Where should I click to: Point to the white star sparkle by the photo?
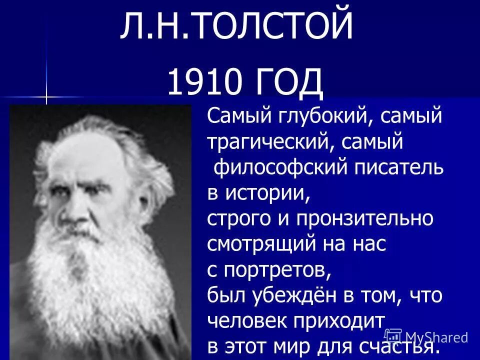pyautogui.click(x=46, y=95)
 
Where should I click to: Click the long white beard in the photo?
pyautogui.click(x=95, y=280)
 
